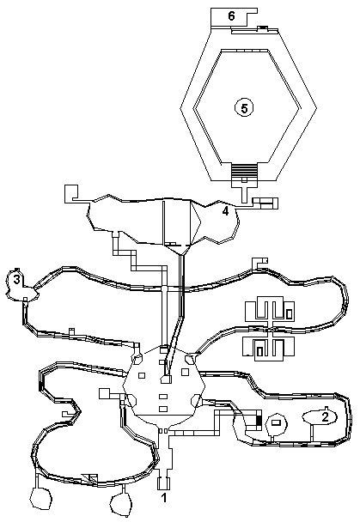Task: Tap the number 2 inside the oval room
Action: point(325,416)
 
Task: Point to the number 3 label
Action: point(16,280)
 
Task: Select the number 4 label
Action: point(225,211)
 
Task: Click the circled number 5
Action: point(244,108)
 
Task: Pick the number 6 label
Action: point(231,15)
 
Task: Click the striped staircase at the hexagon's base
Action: point(244,171)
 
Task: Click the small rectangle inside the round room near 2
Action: point(276,422)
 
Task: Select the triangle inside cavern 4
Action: point(195,222)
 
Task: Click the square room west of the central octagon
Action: point(104,393)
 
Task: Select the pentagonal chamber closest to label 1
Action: point(121,498)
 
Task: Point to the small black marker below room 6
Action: point(263,27)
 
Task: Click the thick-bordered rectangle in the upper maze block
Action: point(289,313)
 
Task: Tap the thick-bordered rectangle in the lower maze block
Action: point(259,352)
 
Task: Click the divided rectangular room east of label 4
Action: point(265,203)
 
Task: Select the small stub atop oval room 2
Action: point(326,408)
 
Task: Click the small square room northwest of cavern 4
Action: point(71,193)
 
